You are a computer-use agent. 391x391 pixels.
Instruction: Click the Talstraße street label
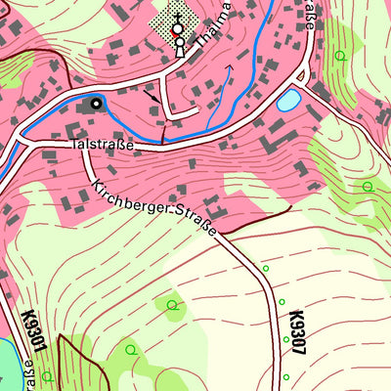click(x=102, y=144)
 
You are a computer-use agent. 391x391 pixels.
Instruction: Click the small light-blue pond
click(x=289, y=100)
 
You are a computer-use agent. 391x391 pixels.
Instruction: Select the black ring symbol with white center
click(x=96, y=102)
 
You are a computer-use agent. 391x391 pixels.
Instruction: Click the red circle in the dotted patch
click(x=177, y=30)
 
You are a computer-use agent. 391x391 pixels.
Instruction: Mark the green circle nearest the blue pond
click(x=340, y=56)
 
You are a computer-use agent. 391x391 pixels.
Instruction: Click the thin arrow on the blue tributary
click(x=231, y=68)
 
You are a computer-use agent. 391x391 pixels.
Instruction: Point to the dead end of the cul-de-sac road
click(x=199, y=111)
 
